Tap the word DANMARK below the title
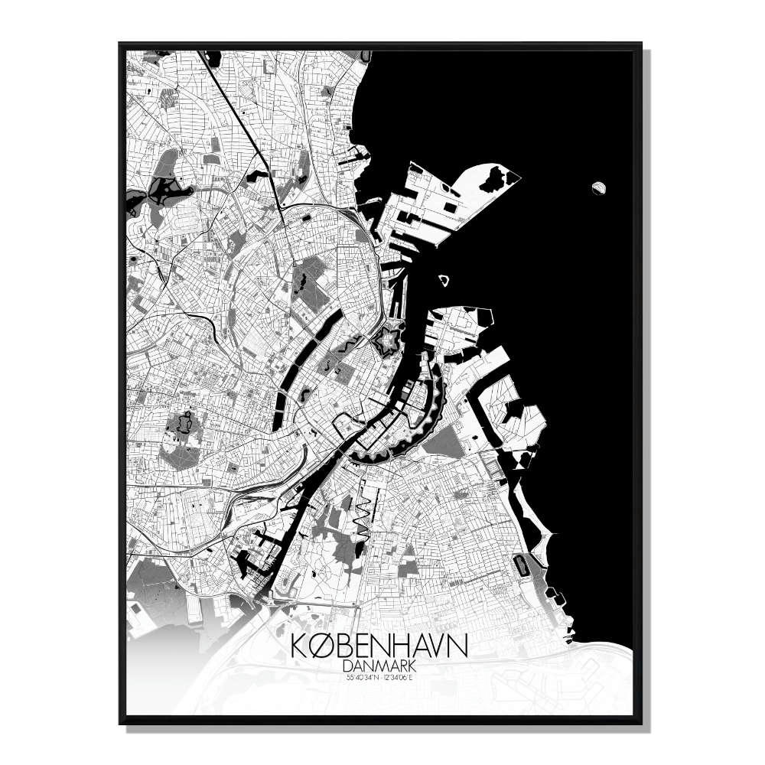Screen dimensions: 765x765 379,666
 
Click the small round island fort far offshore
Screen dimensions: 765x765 599,186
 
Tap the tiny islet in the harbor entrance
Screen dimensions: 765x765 443,279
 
